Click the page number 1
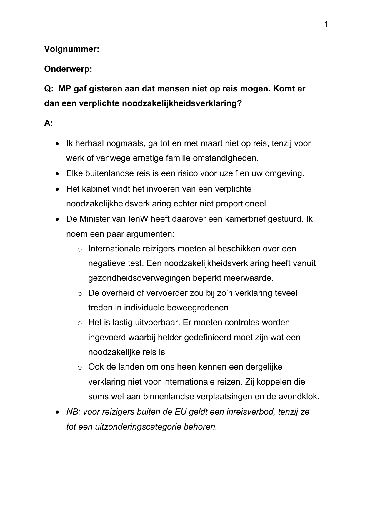pyautogui.click(x=326, y=24)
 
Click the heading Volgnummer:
pyautogui.click(x=71, y=49)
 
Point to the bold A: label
pyautogui.click(x=48, y=123)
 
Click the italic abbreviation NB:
pyautogui.click(x=74, y=412)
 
